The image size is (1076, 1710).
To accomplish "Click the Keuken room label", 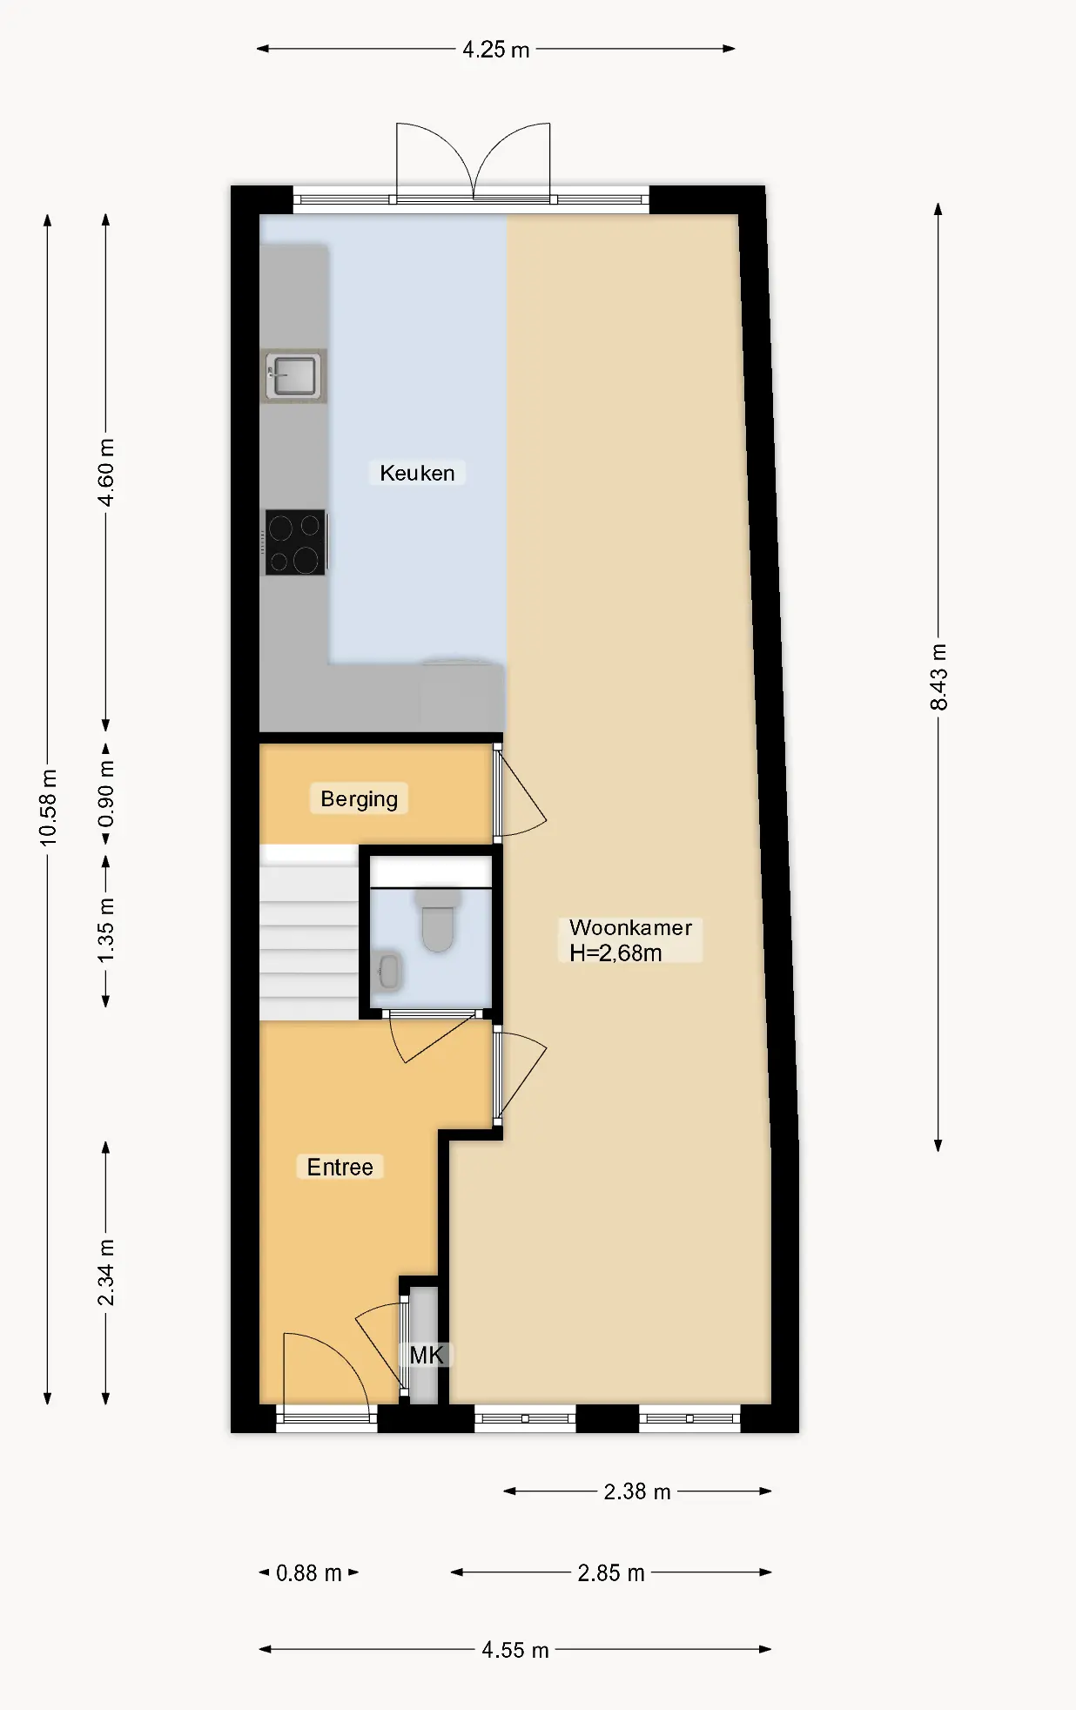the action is [417, 473].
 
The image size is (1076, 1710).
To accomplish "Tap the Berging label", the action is [359, 799].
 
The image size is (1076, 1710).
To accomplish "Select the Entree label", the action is [340, 1167].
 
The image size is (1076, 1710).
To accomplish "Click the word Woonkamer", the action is [630, 927].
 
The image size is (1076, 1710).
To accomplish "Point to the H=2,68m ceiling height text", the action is [615, 953].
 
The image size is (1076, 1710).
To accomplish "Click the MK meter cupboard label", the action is [427, 1355].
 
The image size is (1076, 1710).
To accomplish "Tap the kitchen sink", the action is [293, 376].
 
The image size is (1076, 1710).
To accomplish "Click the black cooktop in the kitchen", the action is [295, 542].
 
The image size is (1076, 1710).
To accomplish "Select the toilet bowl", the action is [438, 925].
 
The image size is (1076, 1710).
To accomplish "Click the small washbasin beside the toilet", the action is [387, 971].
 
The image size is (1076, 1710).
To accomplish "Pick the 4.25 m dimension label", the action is [496, 50].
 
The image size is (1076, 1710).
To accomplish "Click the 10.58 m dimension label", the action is [48, 807].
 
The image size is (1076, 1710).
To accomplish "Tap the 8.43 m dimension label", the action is [938, 677].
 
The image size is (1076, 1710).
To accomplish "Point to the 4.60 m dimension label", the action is [105, 473].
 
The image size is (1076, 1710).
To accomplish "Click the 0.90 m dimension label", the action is [105, 794].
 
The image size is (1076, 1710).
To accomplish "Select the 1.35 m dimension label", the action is [105, 931].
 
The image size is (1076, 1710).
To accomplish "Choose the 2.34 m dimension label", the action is [105, 1273].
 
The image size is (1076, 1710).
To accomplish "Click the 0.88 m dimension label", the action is [309, 1572].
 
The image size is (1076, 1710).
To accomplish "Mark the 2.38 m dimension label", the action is [637, 1491].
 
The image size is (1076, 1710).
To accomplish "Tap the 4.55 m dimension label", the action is [515, 1650].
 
